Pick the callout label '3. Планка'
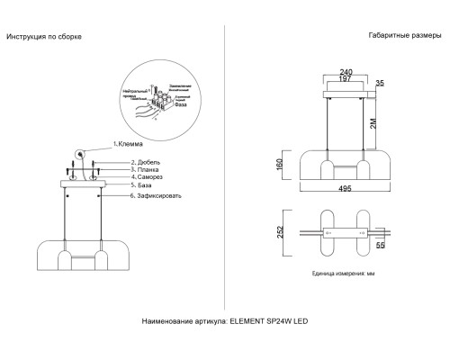tap(147, 169)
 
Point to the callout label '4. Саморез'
tap(148, 177)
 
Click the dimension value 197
tap(346, 82)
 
